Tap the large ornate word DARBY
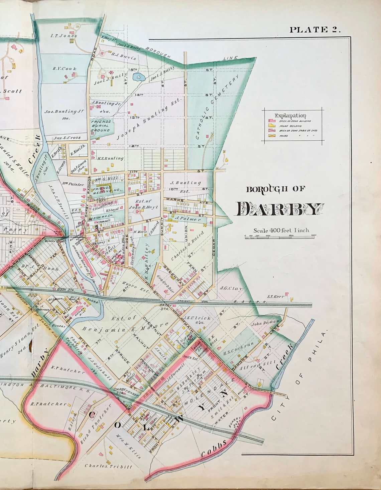click(x=280, y=209)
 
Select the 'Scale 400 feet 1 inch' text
click(x=281, y=230)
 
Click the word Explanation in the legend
click(x=290, y=116)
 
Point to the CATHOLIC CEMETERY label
click(x=218, y=107)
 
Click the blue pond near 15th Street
click(x=138, y=78)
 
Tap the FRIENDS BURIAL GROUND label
click(x=101, y=126)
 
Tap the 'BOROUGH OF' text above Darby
click(x=276, y=189)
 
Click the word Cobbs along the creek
click(x=214, y=448)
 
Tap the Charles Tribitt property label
click(x=108, y=466)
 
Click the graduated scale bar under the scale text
click(x=281, y=236)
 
